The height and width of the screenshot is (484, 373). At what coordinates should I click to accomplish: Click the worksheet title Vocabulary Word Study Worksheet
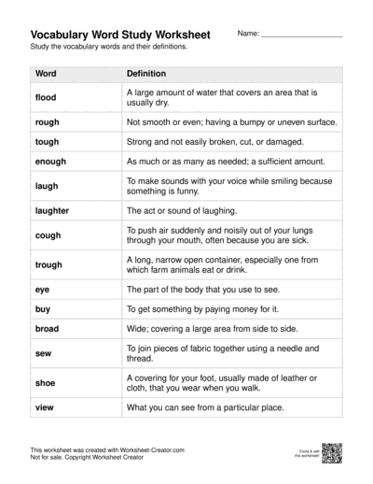[x=120, y=35]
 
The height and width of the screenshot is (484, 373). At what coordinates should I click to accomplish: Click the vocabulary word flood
[x=46, y=97]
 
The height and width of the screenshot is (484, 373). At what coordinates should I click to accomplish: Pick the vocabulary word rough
[x=48, y=121]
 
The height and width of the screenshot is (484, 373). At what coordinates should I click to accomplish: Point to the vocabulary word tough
[x=47, y=142]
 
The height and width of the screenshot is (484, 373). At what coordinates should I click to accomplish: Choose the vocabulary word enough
[x=51, y=162]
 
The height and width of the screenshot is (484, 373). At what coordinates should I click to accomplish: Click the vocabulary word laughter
[x=52, y=211]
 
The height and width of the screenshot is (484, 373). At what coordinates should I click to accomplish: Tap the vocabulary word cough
[x=48, y=235]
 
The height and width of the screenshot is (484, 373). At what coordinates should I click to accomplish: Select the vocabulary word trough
[x=49, y=265]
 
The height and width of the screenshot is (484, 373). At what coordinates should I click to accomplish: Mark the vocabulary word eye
[x=42, y=290]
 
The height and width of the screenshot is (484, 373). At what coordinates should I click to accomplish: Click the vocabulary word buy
[x=43, y=309]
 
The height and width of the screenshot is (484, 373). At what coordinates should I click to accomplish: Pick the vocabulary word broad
[x=47, y=329]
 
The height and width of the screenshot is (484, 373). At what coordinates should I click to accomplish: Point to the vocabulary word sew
[x=43, y=353]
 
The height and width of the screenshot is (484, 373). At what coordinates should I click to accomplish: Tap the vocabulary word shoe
[x=45, y=383]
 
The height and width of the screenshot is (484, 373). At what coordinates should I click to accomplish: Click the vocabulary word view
[x=45, y=407]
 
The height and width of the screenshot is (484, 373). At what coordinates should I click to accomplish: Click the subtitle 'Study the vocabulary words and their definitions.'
[x=108, y=46]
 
